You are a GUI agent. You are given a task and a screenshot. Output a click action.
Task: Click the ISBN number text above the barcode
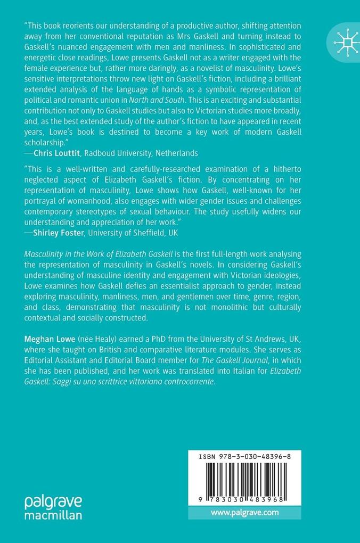(x=246, y=457)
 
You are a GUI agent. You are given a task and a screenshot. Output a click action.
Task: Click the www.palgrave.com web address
(x=244, y=513)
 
